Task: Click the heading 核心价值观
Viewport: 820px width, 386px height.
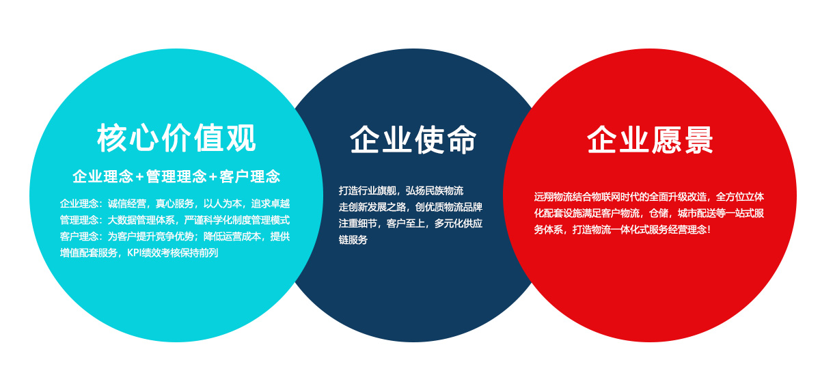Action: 176,137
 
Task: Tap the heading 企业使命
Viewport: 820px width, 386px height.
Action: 413,139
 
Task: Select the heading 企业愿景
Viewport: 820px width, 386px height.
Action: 650,140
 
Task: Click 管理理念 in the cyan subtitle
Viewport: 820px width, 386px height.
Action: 176,177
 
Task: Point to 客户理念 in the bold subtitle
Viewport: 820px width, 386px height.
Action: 249,177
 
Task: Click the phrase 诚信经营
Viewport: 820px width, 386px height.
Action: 126,204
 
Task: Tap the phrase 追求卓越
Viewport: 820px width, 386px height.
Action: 271,204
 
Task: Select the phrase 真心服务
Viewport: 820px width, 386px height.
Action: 175,204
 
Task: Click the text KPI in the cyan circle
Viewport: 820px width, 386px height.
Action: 134,253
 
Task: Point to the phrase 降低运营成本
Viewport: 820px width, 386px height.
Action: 232,236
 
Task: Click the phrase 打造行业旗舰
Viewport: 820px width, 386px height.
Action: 368,191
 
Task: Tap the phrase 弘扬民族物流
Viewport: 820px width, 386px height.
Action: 435,191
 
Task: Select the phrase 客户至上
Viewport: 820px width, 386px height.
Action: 406,223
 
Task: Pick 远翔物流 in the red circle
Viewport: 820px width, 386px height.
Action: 553,197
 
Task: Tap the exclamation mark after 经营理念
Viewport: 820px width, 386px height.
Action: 709,230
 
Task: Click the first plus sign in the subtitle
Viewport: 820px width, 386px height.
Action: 139,178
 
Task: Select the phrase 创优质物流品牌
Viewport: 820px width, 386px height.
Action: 449,207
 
